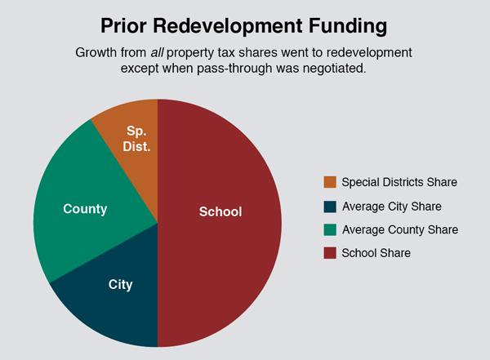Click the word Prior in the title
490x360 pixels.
point(123,25)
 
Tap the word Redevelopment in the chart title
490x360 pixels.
point(228,27)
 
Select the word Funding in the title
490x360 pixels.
point(348,27)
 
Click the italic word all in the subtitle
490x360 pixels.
point(157,52)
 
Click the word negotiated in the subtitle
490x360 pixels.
point(334,69)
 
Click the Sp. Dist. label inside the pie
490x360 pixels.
point(136,139)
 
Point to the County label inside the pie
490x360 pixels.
point(85,209)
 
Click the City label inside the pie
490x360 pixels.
point(120,285)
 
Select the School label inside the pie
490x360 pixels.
point(220,212)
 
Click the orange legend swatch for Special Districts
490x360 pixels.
point(330,182)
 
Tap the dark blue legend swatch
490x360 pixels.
point(330,207)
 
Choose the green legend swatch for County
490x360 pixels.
point(330,229)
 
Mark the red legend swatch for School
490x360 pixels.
point(330,253)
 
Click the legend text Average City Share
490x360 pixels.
point(392,207)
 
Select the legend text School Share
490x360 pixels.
point(376,253)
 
